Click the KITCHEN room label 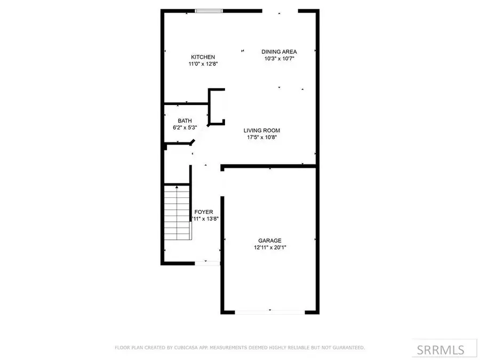click(x=203, y=57)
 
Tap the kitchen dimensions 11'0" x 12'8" click(x=203, y=64)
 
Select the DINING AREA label click(x=279, y=52)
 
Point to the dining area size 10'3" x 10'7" click(x=279, y=59)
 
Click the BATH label click(x=185, y=121)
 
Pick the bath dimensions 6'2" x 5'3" click(x=185, y=128)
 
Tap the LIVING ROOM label click(x=261, y=131)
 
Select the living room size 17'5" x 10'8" click(x=261, y=138)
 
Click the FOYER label click(x=203, y=212)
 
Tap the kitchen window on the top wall click(x=208, y=10)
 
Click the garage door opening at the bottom click(x=270, y=312)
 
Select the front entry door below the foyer click(x=207, y=263)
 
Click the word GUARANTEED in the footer click(x=347, y=348)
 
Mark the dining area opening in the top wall click(x=279, y=11)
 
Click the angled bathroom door click(x=192, y=142)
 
